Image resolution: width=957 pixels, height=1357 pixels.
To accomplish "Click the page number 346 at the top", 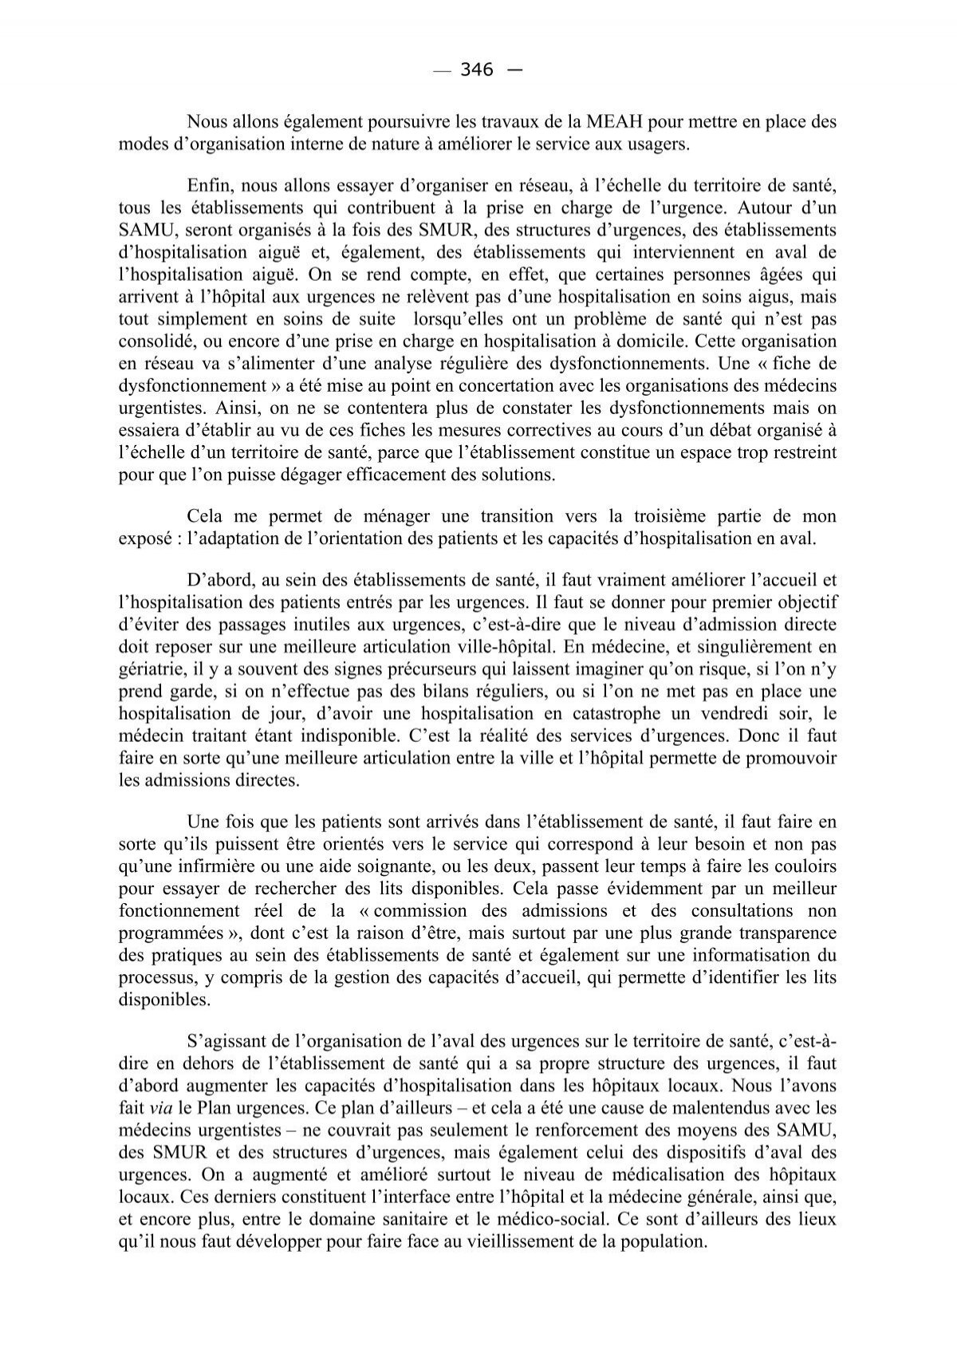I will click(477, 70).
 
